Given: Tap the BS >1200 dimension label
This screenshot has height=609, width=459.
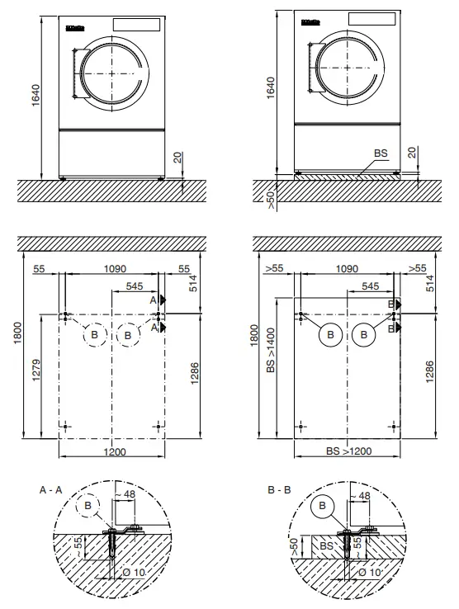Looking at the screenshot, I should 348,451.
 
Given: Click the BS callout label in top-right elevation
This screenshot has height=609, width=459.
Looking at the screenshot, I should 381,153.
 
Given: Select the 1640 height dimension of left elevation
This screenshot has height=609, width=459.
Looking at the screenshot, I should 33,95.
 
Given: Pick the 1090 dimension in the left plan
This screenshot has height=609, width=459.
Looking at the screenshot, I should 112,269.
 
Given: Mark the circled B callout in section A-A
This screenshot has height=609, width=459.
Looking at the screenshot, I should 87,505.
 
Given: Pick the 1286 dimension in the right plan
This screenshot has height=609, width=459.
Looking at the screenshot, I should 429,372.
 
